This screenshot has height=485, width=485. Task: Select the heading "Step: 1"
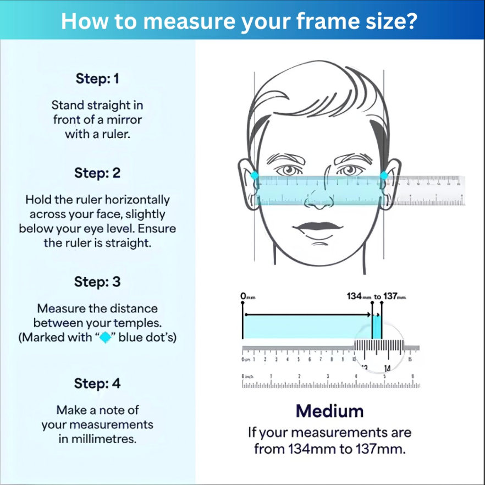(97, 79)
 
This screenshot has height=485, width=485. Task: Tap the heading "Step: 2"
(97, 173)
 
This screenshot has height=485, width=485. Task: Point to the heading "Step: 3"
(97, 282)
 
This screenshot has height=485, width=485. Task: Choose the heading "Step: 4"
(97, 383)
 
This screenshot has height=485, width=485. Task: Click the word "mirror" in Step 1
(124, 119)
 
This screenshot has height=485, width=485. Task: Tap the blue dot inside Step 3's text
(106, 338)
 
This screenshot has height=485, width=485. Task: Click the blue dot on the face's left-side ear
(255, 176)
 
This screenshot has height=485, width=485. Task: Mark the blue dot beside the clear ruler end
(384, 176)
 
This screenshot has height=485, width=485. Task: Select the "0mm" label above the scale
(247, 296)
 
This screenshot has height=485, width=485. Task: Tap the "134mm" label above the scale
(359, 296)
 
